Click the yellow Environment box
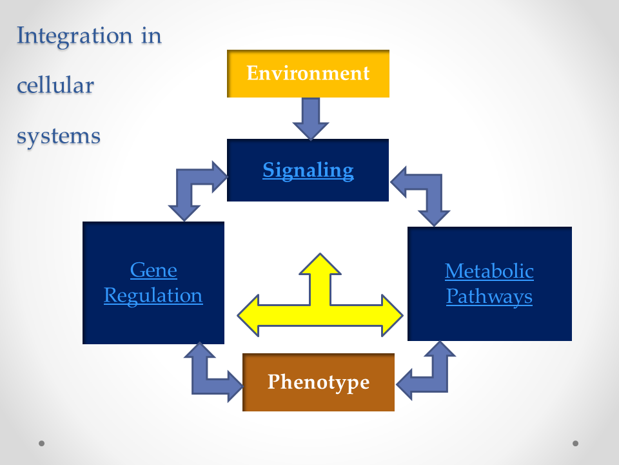pos(308,74)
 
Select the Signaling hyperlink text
pos(308,170)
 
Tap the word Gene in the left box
pos(153,271)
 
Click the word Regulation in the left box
pos(153,296)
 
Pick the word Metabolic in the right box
pos(489,271)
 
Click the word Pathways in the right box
pos(489,296)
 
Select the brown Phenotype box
pos(318,382)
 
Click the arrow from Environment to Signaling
pos(311,119)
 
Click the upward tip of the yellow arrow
pos(320,254)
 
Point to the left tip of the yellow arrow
pos(238,316)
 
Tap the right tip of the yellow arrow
pos(402,316)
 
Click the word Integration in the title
pos(75,36)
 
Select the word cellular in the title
pos(55,85)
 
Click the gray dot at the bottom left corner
pos(41,443)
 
